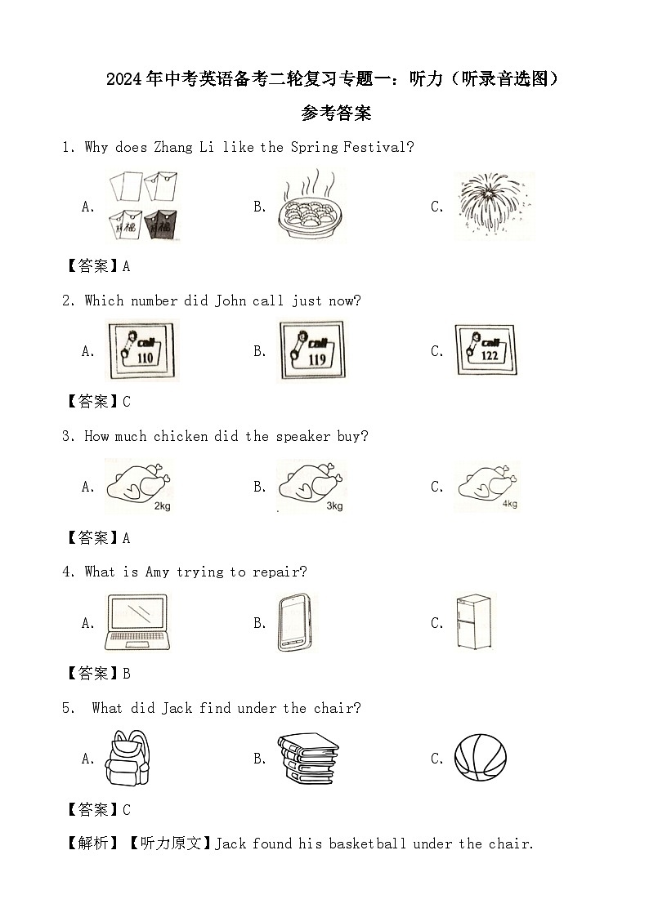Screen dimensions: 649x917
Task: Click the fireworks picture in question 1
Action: (x=495, y=205)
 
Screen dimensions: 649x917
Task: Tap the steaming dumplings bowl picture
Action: (x=311, y=206)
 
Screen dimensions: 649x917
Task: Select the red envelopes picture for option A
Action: (x=143, y=206)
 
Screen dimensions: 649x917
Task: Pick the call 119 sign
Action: (x=312, y=350)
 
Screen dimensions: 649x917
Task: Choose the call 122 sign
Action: (x=486, y=349)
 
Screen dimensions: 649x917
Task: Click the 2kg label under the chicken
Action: (x=162, y=506)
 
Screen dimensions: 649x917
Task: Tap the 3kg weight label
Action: (x=334, y=506)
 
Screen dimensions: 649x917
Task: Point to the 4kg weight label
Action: (x=510, y=504)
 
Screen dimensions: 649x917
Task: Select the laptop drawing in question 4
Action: (x=138, y=622)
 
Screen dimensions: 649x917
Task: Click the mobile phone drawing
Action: (x=294, y=622)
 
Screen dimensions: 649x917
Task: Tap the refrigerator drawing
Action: (x=473, y=621)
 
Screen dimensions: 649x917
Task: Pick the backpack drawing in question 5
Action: (x=128, y=758)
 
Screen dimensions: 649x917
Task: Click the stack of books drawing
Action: (x=308, y=758)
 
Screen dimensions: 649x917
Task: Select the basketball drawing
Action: (x=481, y=758)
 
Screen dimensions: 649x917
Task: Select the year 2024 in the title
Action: (x=124, y=79)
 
